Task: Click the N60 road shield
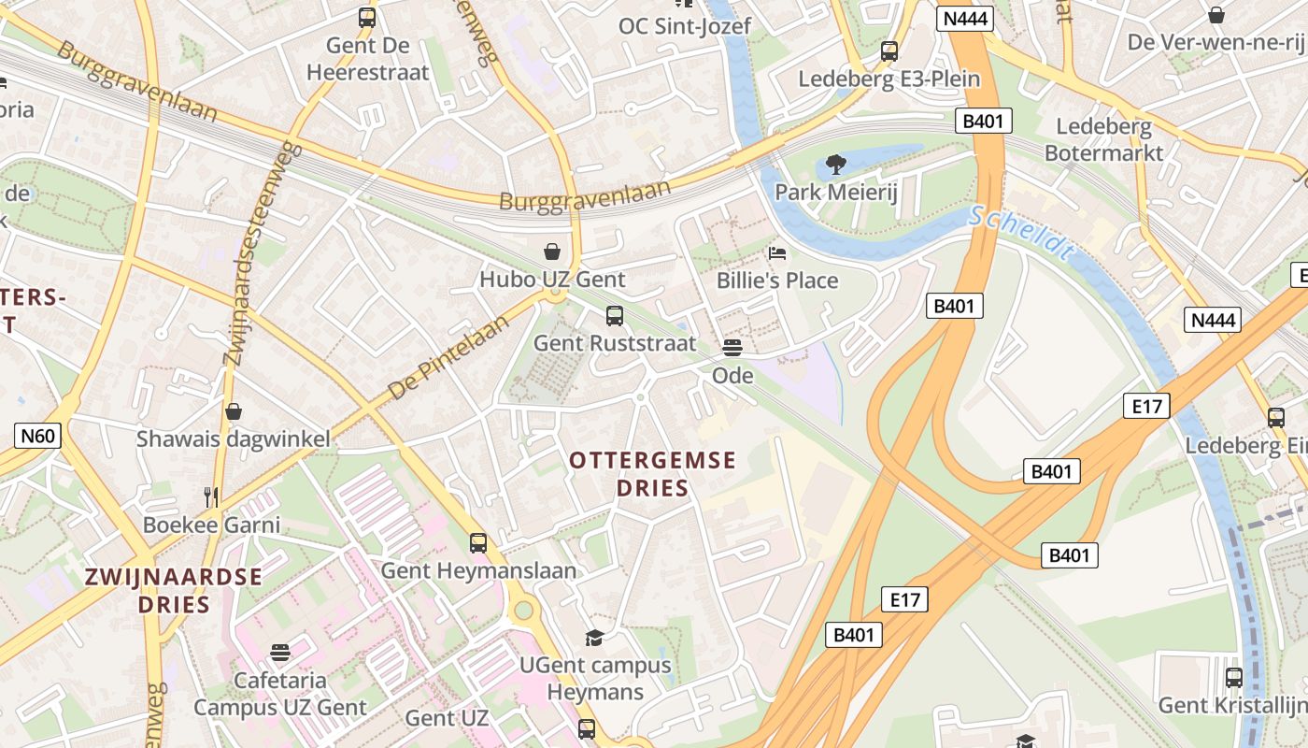point(38,435)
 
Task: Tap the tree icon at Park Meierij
point(835,165)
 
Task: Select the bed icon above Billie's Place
point(777,252)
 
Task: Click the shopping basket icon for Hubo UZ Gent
point(552,251)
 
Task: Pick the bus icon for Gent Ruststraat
point(614,316)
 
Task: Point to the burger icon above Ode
point(732,348)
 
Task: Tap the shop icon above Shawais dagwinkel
point(234,411)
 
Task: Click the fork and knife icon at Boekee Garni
point(211,496)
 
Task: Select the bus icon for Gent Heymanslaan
point(478,542)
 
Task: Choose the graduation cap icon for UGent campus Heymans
point(594,638)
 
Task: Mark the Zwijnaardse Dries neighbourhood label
point(174,590)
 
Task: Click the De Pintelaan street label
point(448,357)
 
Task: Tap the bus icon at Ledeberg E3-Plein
point(889,51)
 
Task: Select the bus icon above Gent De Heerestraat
point(367,17)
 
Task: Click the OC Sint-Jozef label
point(684,25)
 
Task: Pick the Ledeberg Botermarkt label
point(1103,139)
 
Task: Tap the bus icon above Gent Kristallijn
point(1233,677)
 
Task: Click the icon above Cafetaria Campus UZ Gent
point(280,652)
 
